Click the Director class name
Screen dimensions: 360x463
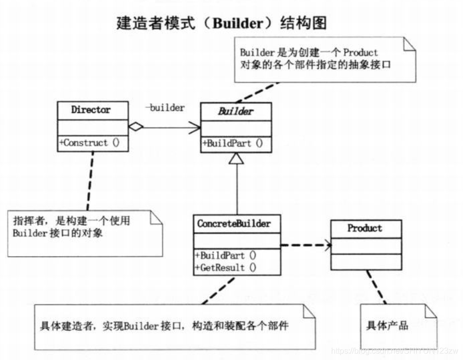pyautogui.click(x=90, y=110)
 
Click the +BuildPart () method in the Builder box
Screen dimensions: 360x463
pyautogui.click(x=233, y=143)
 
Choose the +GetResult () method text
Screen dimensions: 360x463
pyautogui.click(x=225, y=267)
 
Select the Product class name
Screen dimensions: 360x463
pyautogui.click(x=365, y=228)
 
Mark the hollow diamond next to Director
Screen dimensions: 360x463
pyautogui.click(x=135, y=128)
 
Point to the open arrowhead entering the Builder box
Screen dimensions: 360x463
pyautogui.click(x=195, y=128)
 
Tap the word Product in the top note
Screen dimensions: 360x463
pyautogui.click(x=361, y=52)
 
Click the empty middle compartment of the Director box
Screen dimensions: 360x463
pyautogui.click(x=91, y=127)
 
